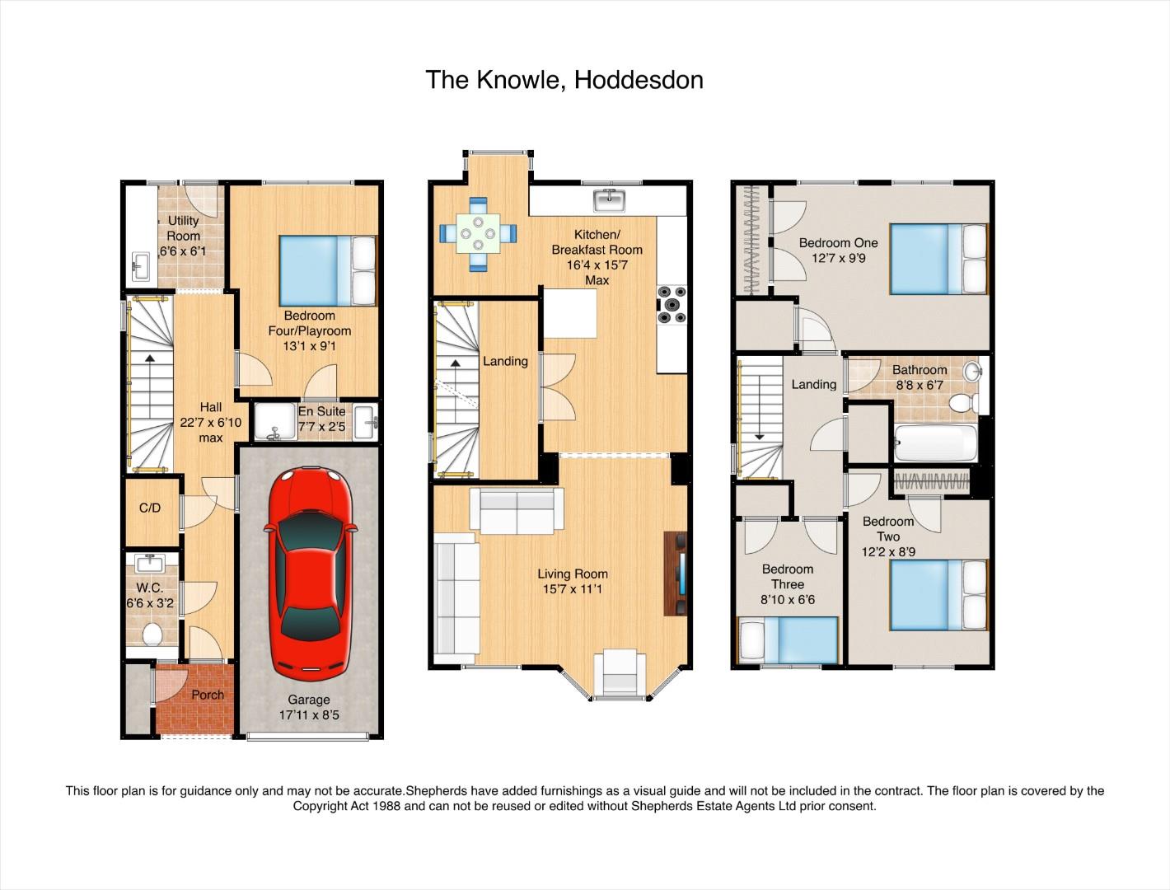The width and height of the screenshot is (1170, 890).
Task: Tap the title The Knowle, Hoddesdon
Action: [564, 80]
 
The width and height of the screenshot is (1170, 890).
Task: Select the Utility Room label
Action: [184, 228]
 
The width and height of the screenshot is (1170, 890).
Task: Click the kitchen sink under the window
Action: [610, 200]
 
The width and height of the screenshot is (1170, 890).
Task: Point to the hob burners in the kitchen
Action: [672, 305]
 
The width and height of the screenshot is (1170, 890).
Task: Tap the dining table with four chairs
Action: [478, 234]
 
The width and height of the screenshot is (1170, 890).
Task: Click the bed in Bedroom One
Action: [938, 259]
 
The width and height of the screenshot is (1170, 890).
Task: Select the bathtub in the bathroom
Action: [937, 443]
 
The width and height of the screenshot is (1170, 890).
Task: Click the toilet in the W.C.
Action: [152, 635]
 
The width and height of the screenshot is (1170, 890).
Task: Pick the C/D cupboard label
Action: [150, 508]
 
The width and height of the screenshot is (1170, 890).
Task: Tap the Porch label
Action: [208, 695]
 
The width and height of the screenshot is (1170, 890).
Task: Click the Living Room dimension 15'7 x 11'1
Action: [572, 589]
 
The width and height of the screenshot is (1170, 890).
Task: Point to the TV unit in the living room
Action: [676, 574]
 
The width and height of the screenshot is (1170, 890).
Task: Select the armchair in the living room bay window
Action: [620, 673]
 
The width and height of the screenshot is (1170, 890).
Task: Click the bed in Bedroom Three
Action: [788, 640]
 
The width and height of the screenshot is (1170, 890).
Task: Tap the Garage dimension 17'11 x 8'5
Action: [309, 714]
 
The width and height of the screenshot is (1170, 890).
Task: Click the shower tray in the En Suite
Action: [275, 422]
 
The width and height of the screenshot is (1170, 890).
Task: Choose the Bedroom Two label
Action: [888, 529]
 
